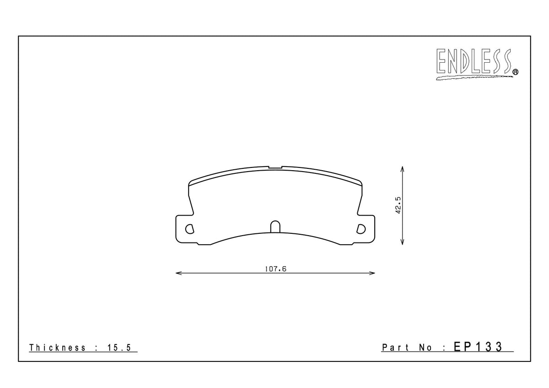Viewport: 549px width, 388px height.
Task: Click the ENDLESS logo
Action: [474, 63]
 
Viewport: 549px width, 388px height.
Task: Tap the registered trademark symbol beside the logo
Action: [515, 72]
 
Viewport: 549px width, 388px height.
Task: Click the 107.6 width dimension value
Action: [275, 269]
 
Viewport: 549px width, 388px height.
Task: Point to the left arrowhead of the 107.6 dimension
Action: [178, 274]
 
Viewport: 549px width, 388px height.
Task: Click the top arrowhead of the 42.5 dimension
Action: [402, 168]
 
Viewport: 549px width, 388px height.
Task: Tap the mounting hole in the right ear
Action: [361, 228]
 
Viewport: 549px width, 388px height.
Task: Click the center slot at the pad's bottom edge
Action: [275, 227]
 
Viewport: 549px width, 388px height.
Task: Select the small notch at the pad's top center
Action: [275, 167]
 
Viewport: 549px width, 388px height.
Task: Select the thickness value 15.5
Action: [120, 348]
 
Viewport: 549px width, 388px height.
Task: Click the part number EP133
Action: [479, 347]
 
